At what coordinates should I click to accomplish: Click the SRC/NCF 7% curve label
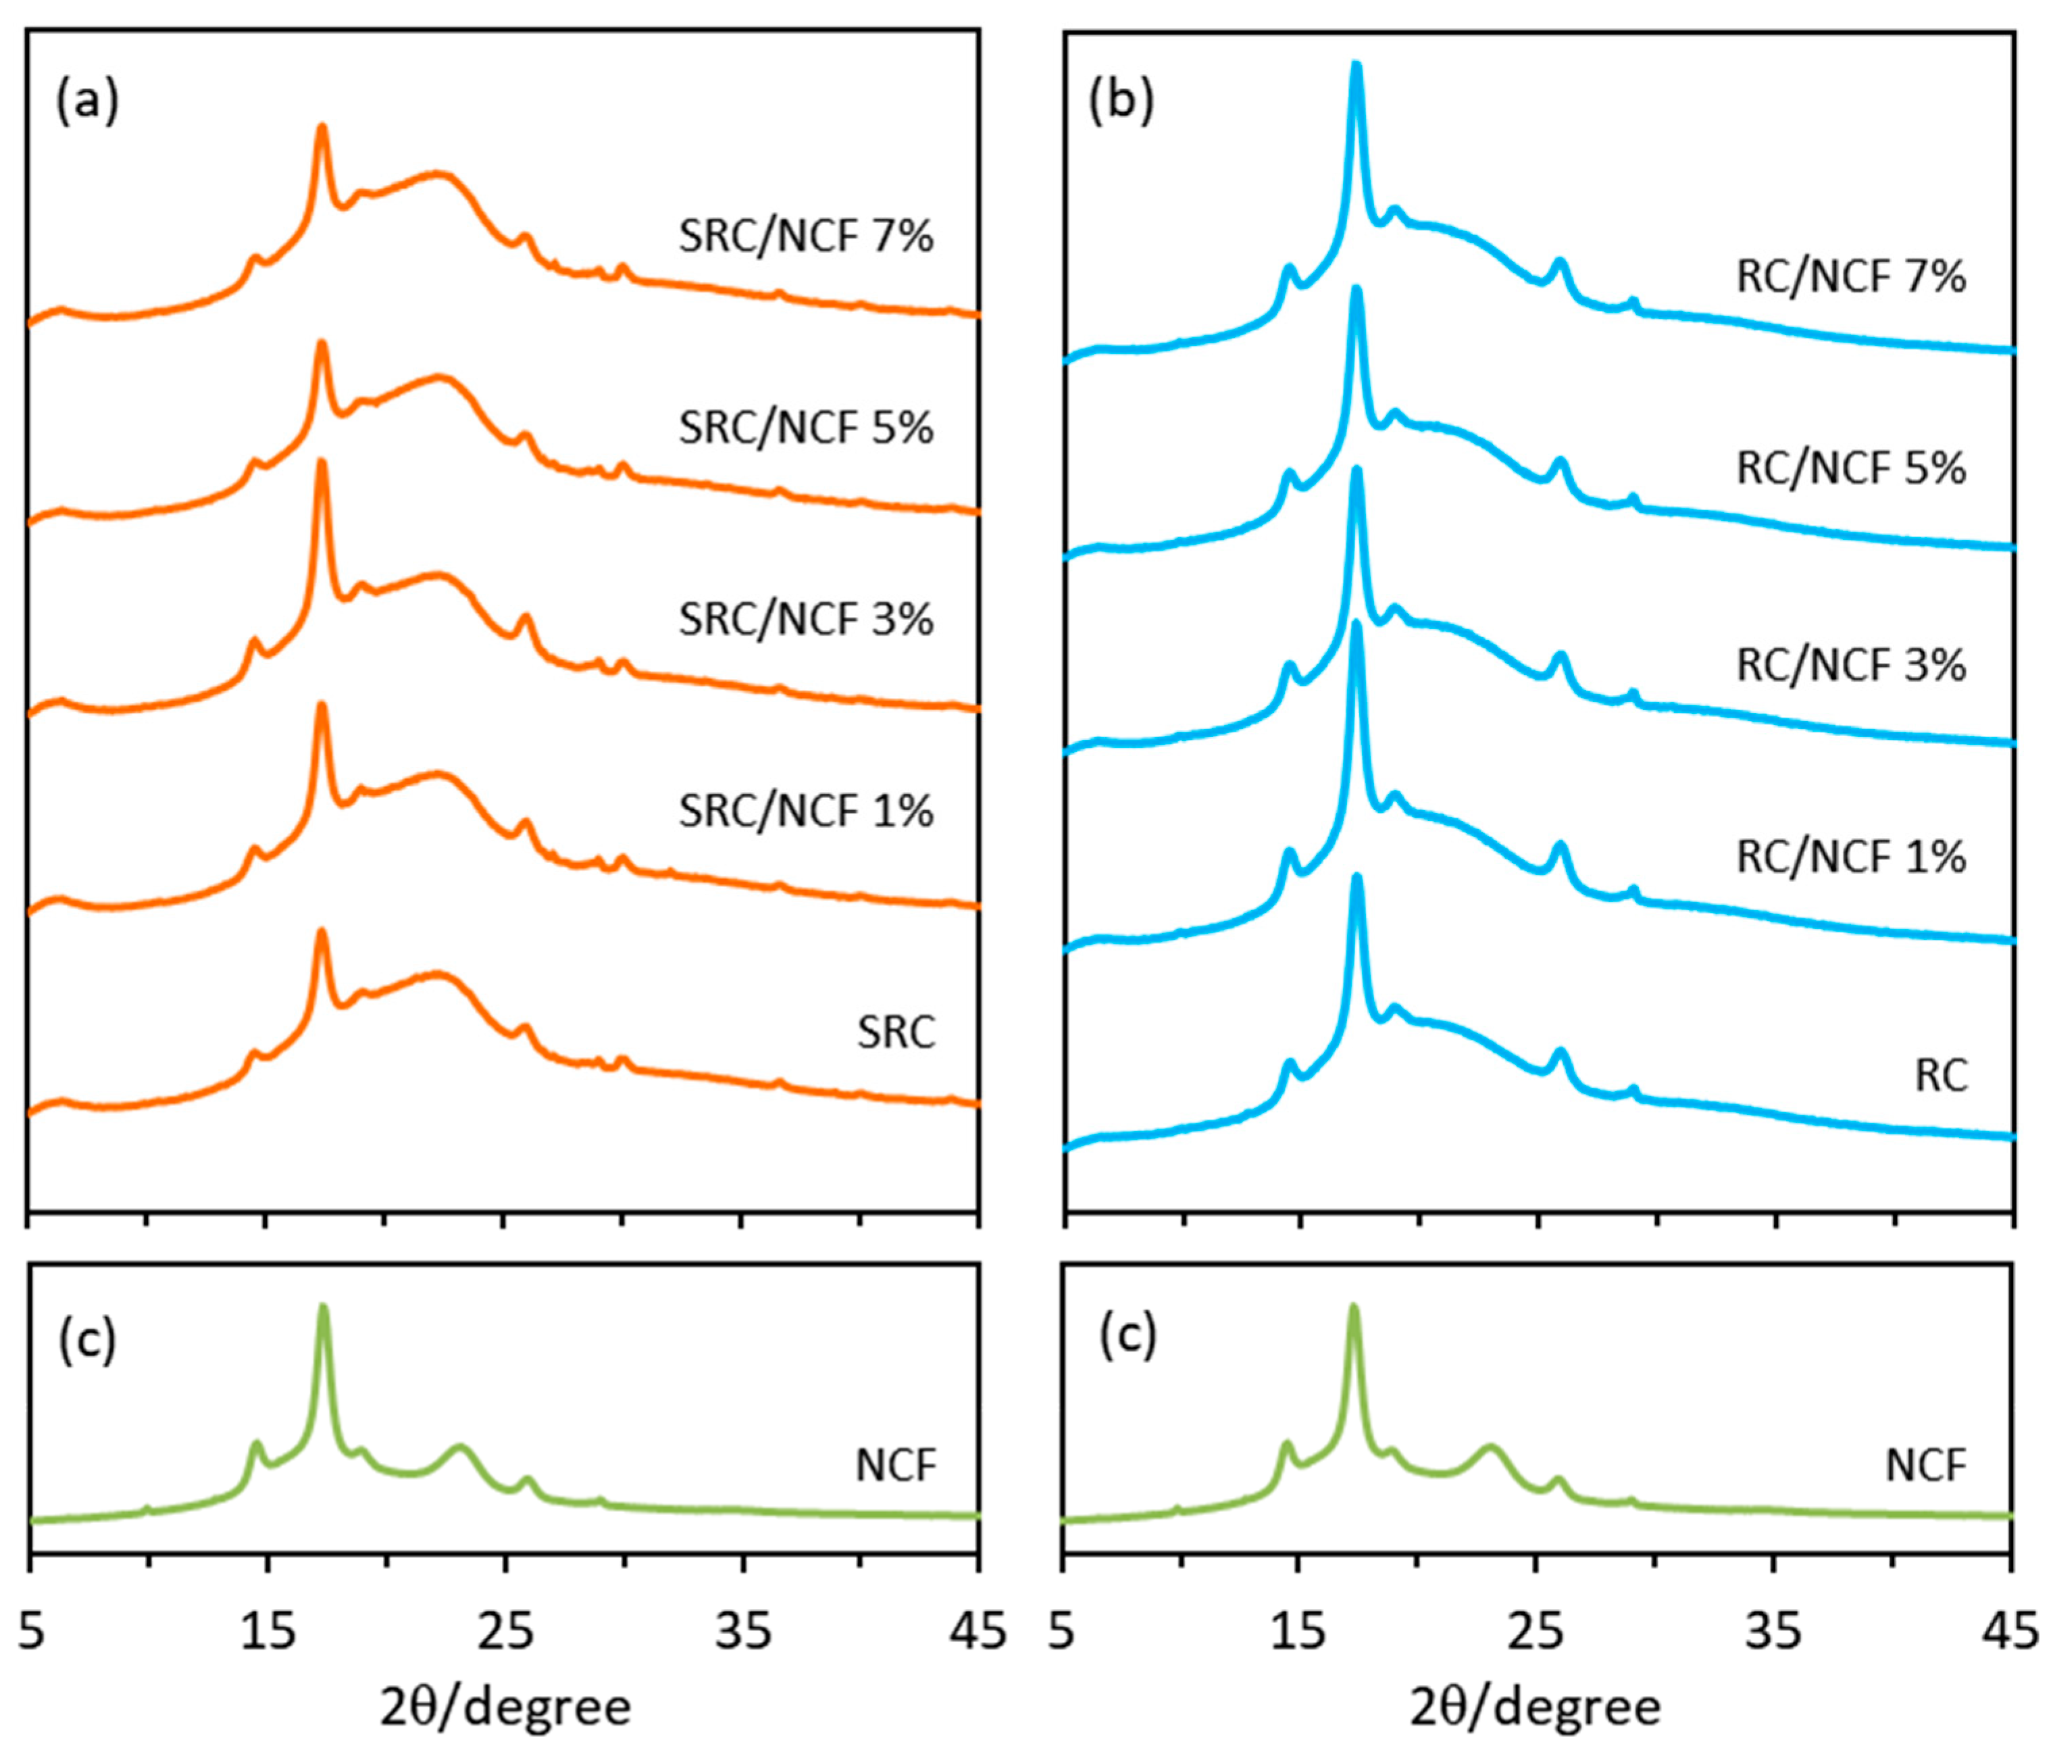805,237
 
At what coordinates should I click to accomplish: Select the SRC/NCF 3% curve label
805,620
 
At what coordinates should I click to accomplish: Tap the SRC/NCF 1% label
805,811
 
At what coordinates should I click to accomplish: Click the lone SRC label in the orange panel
896,1032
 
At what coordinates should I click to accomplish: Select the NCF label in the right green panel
1925,1466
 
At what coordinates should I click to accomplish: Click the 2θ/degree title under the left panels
505,1708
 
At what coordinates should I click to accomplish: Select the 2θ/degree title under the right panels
1535,1708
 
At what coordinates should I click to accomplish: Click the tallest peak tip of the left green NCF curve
322,1309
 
